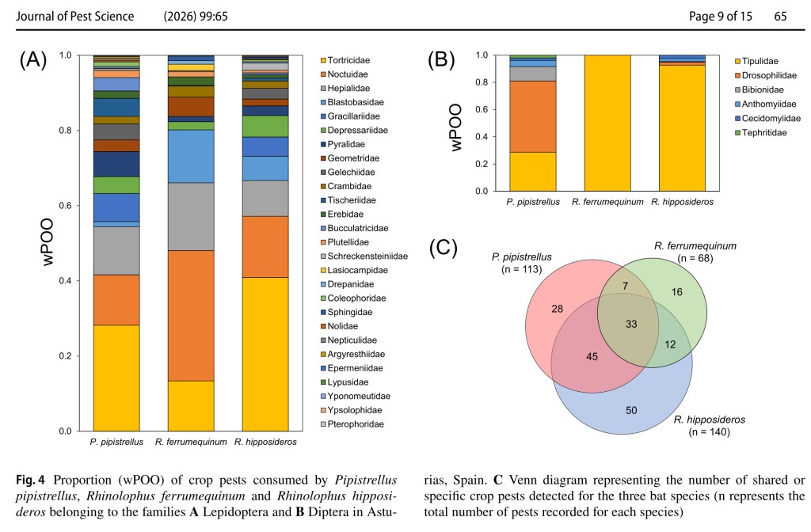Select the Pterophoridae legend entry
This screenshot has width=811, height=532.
tap(355, 424)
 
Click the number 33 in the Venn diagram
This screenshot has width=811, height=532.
tap(631, 324)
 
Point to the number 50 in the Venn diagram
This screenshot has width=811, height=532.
tap(631, 409)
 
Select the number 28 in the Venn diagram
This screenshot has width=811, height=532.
tap(558, 308)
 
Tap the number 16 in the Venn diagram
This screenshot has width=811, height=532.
tap(678, 292)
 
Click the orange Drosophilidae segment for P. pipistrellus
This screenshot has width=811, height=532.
tap(532, 116)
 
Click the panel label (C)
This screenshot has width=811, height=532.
tap(444, 249)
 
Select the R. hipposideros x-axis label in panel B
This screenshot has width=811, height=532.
tap(683, 202)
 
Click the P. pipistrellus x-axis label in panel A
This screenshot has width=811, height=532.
tap(116, 442)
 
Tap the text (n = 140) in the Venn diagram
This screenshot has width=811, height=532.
tap(710, 432)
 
